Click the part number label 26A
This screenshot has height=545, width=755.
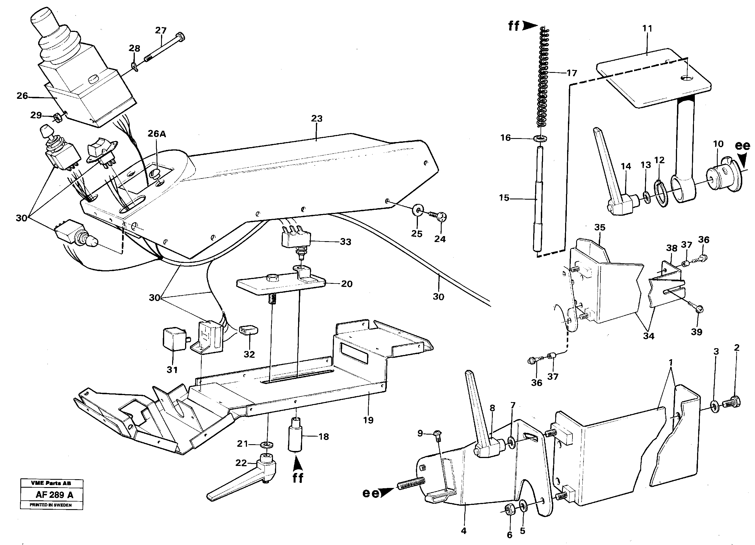coord(157,134)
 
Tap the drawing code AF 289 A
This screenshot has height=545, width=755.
coord(54,495)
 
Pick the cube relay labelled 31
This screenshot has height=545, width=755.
coord(174,339)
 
